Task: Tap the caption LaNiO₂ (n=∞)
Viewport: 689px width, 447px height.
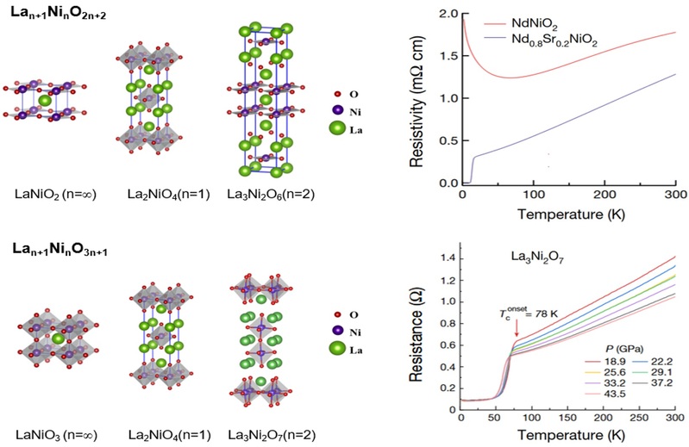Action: [x=40, y=194]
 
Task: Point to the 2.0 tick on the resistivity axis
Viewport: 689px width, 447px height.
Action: [x=449, y=15]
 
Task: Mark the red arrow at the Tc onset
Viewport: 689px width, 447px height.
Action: [x=516, y=326]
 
